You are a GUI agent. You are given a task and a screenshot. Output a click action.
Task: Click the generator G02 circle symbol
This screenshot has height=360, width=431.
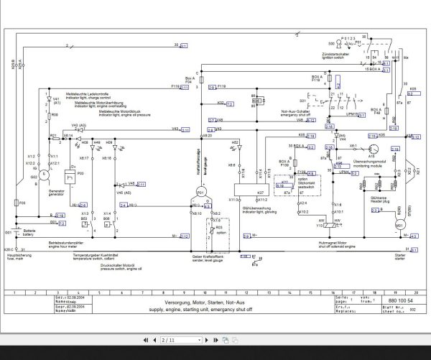(42, 175)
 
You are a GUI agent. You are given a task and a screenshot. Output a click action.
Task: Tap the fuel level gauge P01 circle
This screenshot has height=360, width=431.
(201, 193)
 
